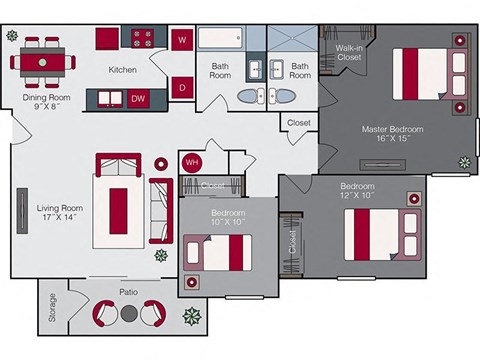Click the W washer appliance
coord(181,40)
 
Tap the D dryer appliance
coord(181,87)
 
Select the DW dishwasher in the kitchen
coord(138,98)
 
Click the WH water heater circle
coord(191,162)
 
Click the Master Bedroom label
coord(392,135)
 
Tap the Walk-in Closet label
coord(349,52)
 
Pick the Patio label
coord(128,292)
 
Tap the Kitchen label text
coord(122,69)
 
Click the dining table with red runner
coord(43,60)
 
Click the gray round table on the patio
coord(128,314)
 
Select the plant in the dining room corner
coord(12,35)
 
